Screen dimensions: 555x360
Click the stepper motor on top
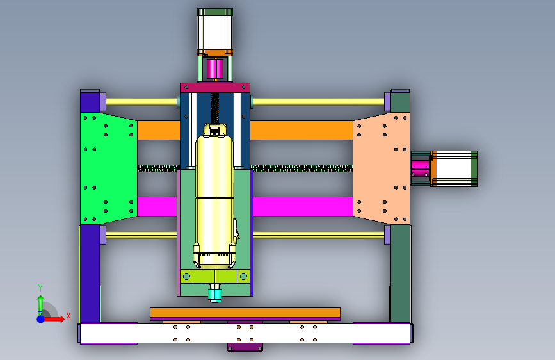point(215,32)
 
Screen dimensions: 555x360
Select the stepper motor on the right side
point(454,168)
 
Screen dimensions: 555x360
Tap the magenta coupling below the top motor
point(215,69)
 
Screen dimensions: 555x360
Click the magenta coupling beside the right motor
point(420,168)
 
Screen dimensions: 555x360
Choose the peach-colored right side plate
point(382,168)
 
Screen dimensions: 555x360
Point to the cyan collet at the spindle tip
point(215,294)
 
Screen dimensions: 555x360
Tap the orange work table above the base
point(245,313)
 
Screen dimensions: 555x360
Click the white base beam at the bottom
point(245,334)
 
